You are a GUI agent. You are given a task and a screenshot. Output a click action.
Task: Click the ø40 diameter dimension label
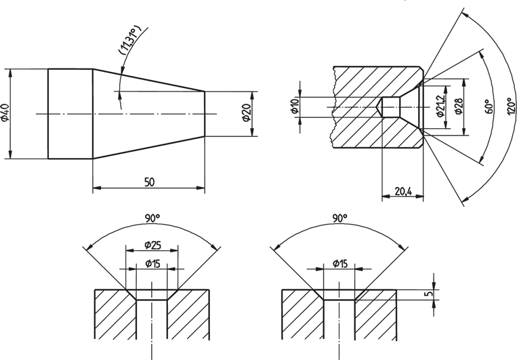[x=5, y=113]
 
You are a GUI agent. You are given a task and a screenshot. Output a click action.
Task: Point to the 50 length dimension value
[x=149, y=181]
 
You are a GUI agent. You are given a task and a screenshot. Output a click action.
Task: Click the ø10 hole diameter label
[x=295, y=107]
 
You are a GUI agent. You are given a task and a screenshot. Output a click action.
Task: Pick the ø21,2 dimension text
[x=441, y=103]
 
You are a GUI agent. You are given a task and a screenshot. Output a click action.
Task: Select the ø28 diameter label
[x=459, y=106]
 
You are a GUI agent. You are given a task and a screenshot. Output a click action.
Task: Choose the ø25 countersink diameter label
[x=152, y=243]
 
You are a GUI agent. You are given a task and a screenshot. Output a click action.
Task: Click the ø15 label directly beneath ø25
[x=152, y=262]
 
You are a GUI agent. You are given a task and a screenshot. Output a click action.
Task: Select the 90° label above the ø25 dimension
[x=152, y=218]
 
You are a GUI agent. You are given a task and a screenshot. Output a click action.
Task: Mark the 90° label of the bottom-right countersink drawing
[x=340, y=218]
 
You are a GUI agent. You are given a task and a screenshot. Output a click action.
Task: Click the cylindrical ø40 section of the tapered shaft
[x=70, y=113]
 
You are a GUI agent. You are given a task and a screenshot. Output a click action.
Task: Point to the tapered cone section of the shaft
[x=149, y=113]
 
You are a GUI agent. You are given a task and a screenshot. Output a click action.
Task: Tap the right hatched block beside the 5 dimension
[x=377, y=319]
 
